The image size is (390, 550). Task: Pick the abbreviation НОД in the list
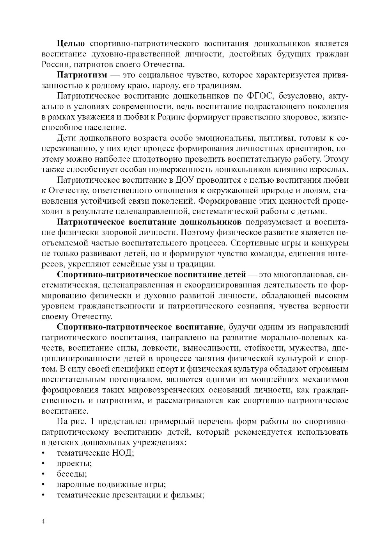click(123, 453)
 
